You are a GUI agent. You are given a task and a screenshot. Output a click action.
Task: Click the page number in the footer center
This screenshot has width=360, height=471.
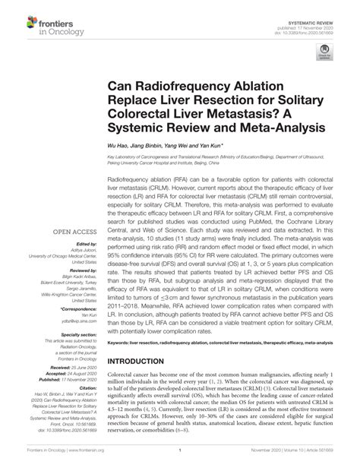point(179,459)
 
